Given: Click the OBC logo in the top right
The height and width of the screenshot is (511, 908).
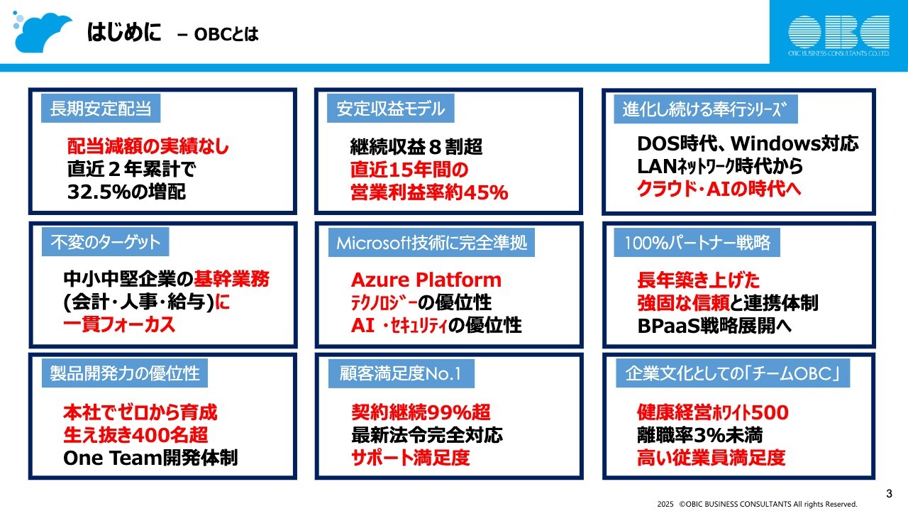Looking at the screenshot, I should (x=838, y=33).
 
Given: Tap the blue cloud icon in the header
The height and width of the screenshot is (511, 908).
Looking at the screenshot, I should (x=43, y=31).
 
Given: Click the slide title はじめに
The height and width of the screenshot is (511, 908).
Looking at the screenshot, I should (x=124, y=33).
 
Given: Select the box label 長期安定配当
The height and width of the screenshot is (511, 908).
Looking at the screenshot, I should (x=101, y=109).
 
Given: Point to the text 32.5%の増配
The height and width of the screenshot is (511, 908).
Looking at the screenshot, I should (x=127, y=192).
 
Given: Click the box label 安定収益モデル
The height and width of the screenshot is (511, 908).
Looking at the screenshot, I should (x=391, y=109).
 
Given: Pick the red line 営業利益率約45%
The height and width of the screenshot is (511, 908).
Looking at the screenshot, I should (x=429, y=192).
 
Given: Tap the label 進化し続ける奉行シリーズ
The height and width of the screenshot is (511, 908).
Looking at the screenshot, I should (x=706, y=110).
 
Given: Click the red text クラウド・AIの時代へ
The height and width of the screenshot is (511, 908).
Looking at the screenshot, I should (x=729, y=189).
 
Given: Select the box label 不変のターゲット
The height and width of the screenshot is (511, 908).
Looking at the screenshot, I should (x=106, y=242).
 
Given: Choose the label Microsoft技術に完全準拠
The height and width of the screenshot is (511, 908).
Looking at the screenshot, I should (x=431, y=243).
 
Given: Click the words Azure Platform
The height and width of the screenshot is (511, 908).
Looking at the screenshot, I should (x=426, y=280).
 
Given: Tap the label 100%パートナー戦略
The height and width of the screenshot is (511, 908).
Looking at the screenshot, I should (x=697, y=243).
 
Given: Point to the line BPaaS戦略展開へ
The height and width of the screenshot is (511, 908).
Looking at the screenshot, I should (x=714, y=325).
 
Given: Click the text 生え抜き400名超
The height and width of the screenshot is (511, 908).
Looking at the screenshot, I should (x=135, y=435).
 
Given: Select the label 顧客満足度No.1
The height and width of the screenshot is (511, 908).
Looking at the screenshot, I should (x=400, y=374).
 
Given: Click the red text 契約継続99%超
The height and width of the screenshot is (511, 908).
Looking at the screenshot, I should (x=421, y=412).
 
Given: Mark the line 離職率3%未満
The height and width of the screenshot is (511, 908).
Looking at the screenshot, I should (x=699, y=435).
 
